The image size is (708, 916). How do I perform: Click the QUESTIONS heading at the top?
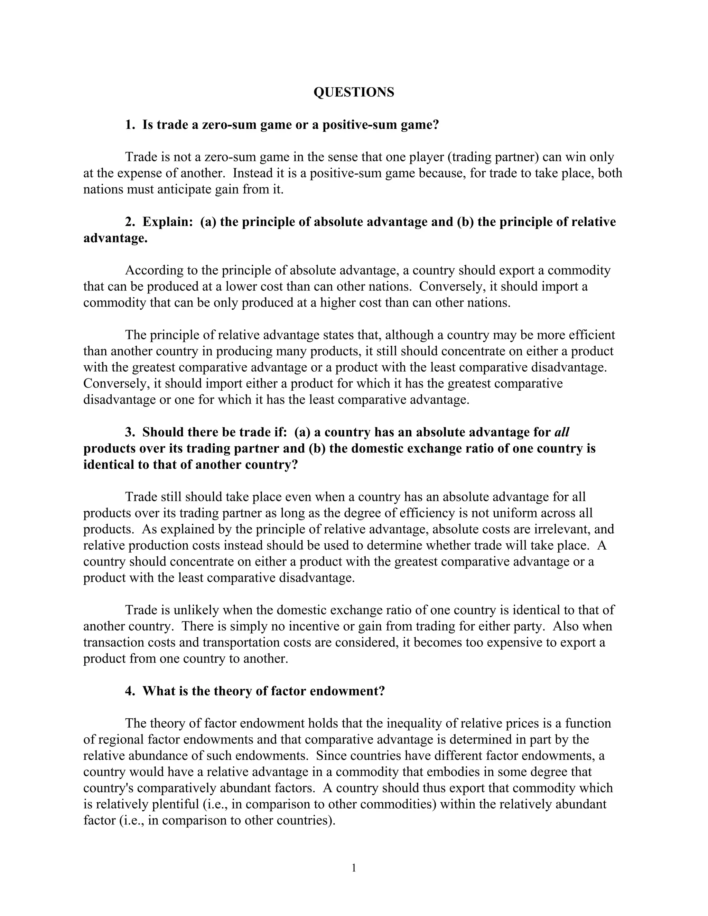[x=354, y=92]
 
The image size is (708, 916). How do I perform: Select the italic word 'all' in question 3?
[x=562, y=432]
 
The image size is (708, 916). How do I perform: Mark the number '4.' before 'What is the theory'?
[x=130, y=691]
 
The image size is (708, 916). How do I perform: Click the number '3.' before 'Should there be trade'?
[x=130, y=432]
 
